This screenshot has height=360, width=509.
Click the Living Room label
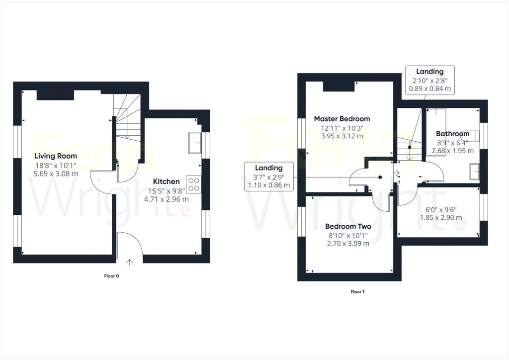coord(56,156)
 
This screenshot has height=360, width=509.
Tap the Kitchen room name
coord(166,181)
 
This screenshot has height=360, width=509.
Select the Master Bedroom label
coord(342,119)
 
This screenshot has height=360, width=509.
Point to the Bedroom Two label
coord(348,226)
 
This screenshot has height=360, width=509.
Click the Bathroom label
coord(452,133)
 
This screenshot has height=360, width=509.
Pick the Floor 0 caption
coord(111,276)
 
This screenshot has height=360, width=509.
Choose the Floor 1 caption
coord(357,292)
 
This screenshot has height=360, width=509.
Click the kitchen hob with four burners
coord(194,184)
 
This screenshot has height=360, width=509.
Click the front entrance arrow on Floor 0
coord(130,262)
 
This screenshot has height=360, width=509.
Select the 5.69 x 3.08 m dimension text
coord(56,174)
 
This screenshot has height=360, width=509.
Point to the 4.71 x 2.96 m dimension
coord(166,199)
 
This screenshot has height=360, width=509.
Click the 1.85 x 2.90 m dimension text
coord(441,217)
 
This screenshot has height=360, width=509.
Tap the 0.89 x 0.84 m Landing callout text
coord(430,89)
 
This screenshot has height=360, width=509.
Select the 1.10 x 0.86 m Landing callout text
coord(269,185)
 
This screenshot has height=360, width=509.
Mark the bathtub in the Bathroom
coord(436,132)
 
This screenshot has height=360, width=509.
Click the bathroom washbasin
coord(474,172)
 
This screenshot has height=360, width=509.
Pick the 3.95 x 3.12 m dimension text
coord(342,136)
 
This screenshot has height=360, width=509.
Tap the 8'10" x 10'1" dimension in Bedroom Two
coord(348,235)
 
